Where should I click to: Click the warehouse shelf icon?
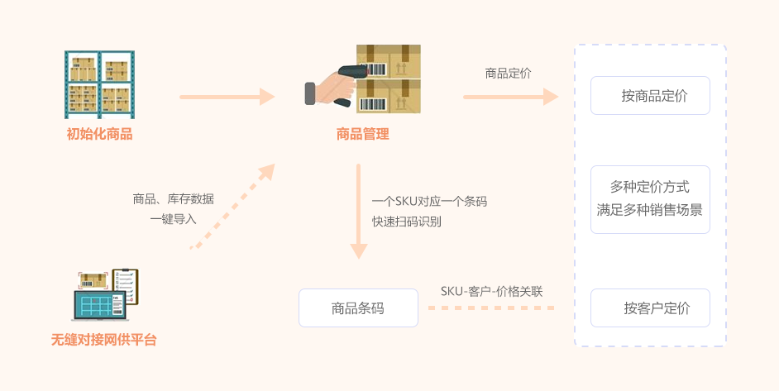tap(99, 84)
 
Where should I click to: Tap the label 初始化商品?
tap(99, 134)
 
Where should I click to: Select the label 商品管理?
tap(362, 134)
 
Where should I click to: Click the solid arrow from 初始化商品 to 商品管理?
tap(227, 98)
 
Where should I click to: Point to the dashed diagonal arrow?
tap(233, 205)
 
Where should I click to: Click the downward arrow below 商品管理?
tap(358, 211)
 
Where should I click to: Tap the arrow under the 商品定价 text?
tap(509, 98)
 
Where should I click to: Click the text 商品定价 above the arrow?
tap(508, 74)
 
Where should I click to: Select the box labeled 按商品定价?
tap(650, 96)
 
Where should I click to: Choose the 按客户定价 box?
tap(650, 308)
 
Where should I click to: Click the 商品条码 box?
tap(358, 308)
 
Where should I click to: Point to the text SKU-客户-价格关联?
tap(491, 291)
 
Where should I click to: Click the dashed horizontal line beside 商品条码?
tap(491, 308)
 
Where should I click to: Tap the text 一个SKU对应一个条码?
tap(428, 201)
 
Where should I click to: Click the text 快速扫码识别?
tap(406, 222)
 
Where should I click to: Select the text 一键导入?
tap(173, 219)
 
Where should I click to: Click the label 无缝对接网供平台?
tap(103, 339)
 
